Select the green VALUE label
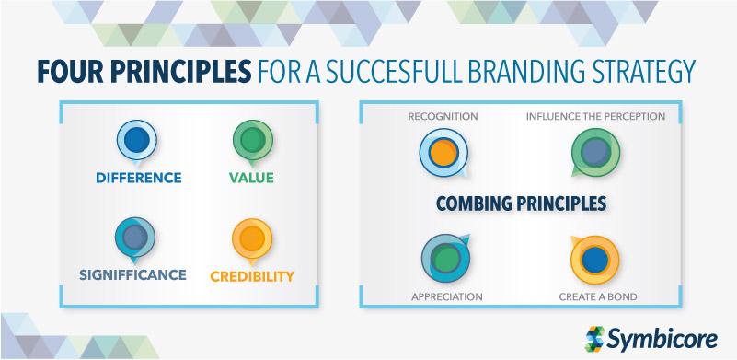pos(251,178)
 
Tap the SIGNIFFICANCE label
pos(133,274)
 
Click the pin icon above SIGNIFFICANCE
pos(134,238)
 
